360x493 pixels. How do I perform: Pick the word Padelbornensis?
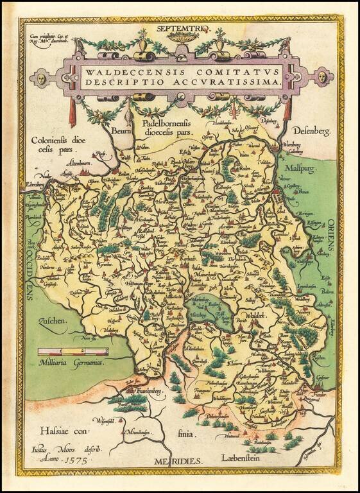pos(164,123)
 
